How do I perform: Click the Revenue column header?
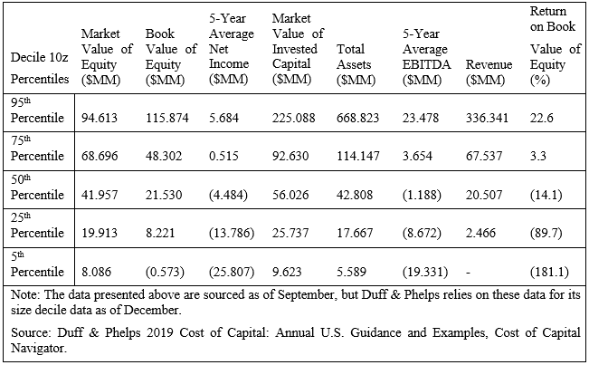tap(489, 64)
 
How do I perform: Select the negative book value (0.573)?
tap(164, 272)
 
